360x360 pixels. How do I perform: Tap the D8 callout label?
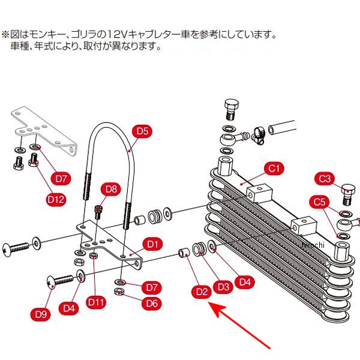pyautogui.click(x=112, y=190)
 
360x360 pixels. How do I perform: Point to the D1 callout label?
pyautogui.click(x=152, y=244)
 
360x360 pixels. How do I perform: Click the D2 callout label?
pyautogui.click(x=202, y=292)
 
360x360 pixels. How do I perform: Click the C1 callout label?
pyautogui.click(x=274, y=169)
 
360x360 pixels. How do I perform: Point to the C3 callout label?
pyautogui.click(x=325, y=178)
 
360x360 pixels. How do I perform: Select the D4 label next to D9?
pyautogui.click(x=70, y=308)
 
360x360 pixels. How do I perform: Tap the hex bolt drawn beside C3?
pyautogui.click(x=347, y=193)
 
